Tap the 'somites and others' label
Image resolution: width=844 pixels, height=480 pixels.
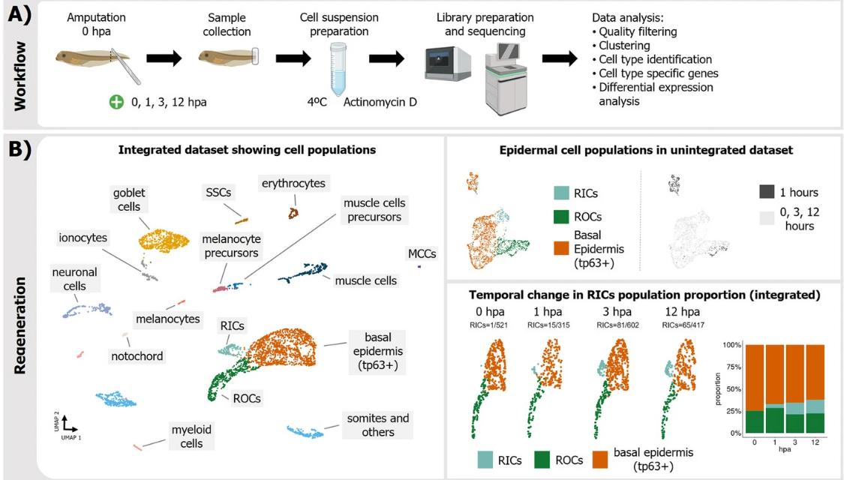377,424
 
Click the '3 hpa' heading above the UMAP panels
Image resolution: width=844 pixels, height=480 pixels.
612,311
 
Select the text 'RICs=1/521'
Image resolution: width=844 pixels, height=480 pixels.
488,324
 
